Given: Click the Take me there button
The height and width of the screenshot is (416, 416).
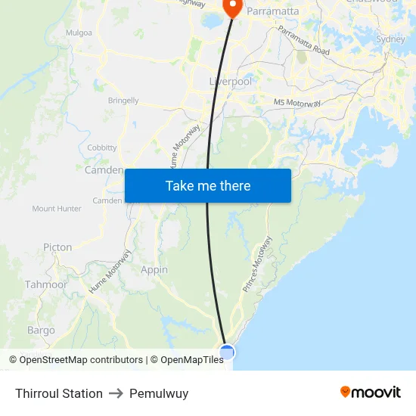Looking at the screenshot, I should coord(208,185).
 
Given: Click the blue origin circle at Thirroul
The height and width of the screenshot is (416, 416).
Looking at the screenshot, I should coord(227,352).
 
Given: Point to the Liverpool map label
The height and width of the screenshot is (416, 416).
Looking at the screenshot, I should coord(231,81).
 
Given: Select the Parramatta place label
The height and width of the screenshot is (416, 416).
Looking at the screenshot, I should coord(272,11).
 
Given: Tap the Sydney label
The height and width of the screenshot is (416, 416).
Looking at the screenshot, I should coord(390,39).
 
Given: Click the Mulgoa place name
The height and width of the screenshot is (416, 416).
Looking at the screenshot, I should coord(79,33).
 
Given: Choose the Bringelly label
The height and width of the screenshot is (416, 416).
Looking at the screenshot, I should coord(123,100).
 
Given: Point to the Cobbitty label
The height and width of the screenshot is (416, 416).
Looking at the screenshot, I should coord(102,147).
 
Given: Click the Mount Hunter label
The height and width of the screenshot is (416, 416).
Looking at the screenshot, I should coord(57,209).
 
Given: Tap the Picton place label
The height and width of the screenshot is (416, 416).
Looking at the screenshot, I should coord(57,247).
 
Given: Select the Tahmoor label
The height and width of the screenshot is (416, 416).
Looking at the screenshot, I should coord(41,284).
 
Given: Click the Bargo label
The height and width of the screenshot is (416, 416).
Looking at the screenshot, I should coord(41,331).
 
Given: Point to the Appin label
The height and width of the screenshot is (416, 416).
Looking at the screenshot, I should coord(154,269).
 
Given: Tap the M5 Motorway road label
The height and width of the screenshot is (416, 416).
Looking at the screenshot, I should coord(297,103).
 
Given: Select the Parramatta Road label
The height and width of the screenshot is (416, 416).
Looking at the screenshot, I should coord(303,41).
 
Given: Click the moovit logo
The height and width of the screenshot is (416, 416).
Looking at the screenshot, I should coord(370,392).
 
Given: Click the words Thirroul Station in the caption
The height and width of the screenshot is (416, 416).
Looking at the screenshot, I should coord(59,393).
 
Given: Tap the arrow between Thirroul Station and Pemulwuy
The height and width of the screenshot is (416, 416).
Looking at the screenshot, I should coord(116,393).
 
